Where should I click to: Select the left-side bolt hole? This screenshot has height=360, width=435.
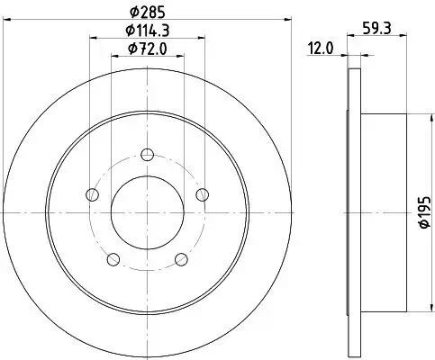point(90,193)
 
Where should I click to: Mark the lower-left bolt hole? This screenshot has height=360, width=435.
point(112,259)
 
